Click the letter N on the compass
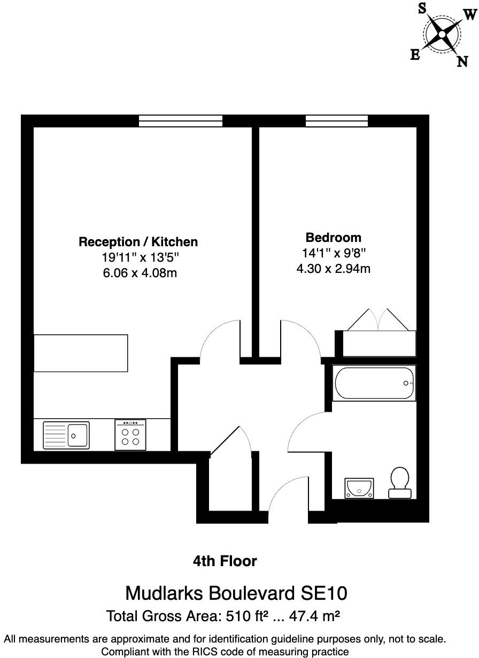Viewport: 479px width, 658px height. (x=462, y=61)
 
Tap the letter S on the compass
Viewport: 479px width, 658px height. (x=422, y=8)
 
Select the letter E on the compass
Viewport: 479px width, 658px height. (x=415, y=55)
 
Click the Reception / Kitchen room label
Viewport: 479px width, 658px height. (x=138, y=242)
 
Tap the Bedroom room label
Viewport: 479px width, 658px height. (x=333, y=238)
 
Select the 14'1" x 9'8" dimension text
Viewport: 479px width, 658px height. (x=333, y=253)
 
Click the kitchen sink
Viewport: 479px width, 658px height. (x=66, y=435)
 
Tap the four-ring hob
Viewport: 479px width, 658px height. (x=130, y=435)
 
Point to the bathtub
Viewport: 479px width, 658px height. (x=374, y=383)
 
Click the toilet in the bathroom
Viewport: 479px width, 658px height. (x=399, y=483)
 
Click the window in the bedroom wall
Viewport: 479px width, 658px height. (x=337, y=121)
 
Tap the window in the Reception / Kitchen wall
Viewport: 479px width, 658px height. (x=180, y=121)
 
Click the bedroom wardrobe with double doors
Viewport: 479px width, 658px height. (x=379, y=343)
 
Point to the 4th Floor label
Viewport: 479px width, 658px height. (x=225, y=561)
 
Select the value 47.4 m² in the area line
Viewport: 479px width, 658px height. (x=315, y=616)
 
